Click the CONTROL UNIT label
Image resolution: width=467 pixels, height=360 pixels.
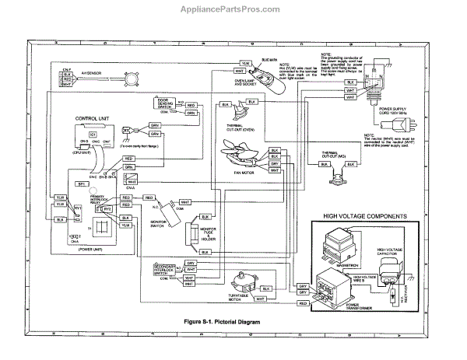(x=91, y=118)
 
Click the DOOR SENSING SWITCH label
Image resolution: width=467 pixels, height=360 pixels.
(x=166, y=104)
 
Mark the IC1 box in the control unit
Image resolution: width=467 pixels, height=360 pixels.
(x=92, y=135)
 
